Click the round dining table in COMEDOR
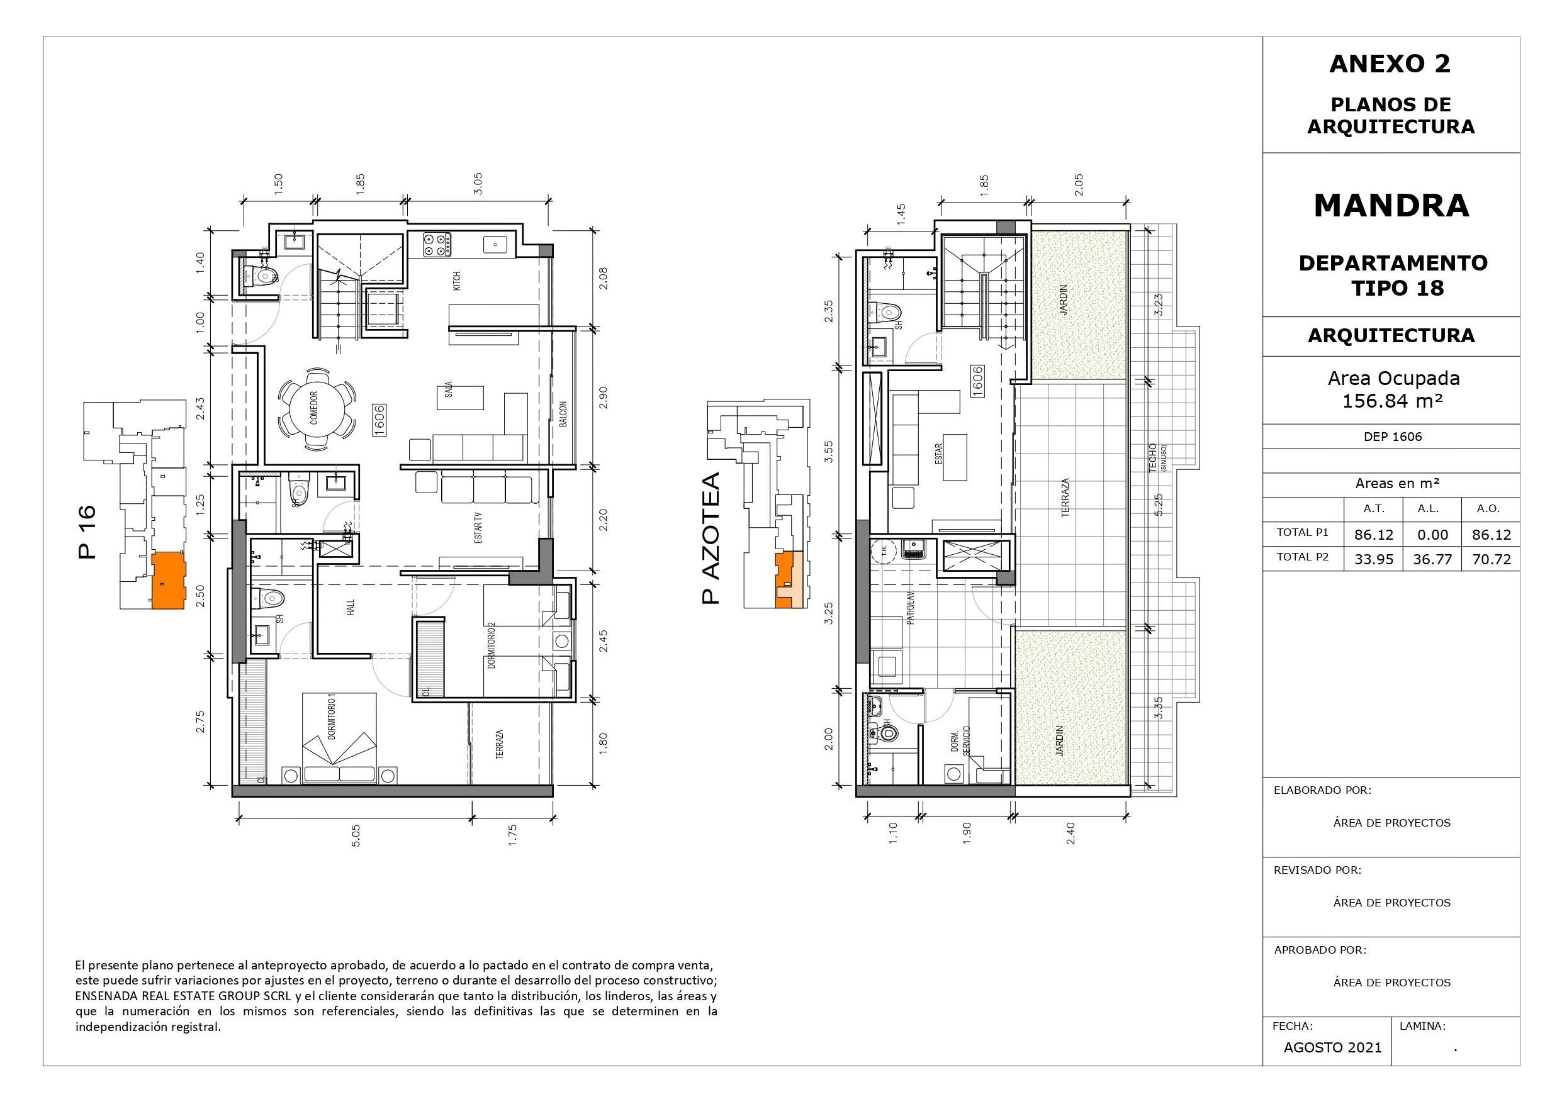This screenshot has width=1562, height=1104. coord(316,409)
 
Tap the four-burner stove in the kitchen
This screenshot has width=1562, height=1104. coord(437,244)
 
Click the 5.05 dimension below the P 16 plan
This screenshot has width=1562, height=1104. coord(355,835)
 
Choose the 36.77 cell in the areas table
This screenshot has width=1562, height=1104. coord(1432,559)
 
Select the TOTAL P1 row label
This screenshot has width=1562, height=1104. coord(1302,532)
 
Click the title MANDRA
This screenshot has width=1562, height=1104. coord(1391,206)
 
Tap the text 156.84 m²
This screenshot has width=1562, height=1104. coord(1392,401)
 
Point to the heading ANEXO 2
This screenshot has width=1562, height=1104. coord(1391,64)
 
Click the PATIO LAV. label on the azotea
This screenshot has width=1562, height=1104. coord(909,608)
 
